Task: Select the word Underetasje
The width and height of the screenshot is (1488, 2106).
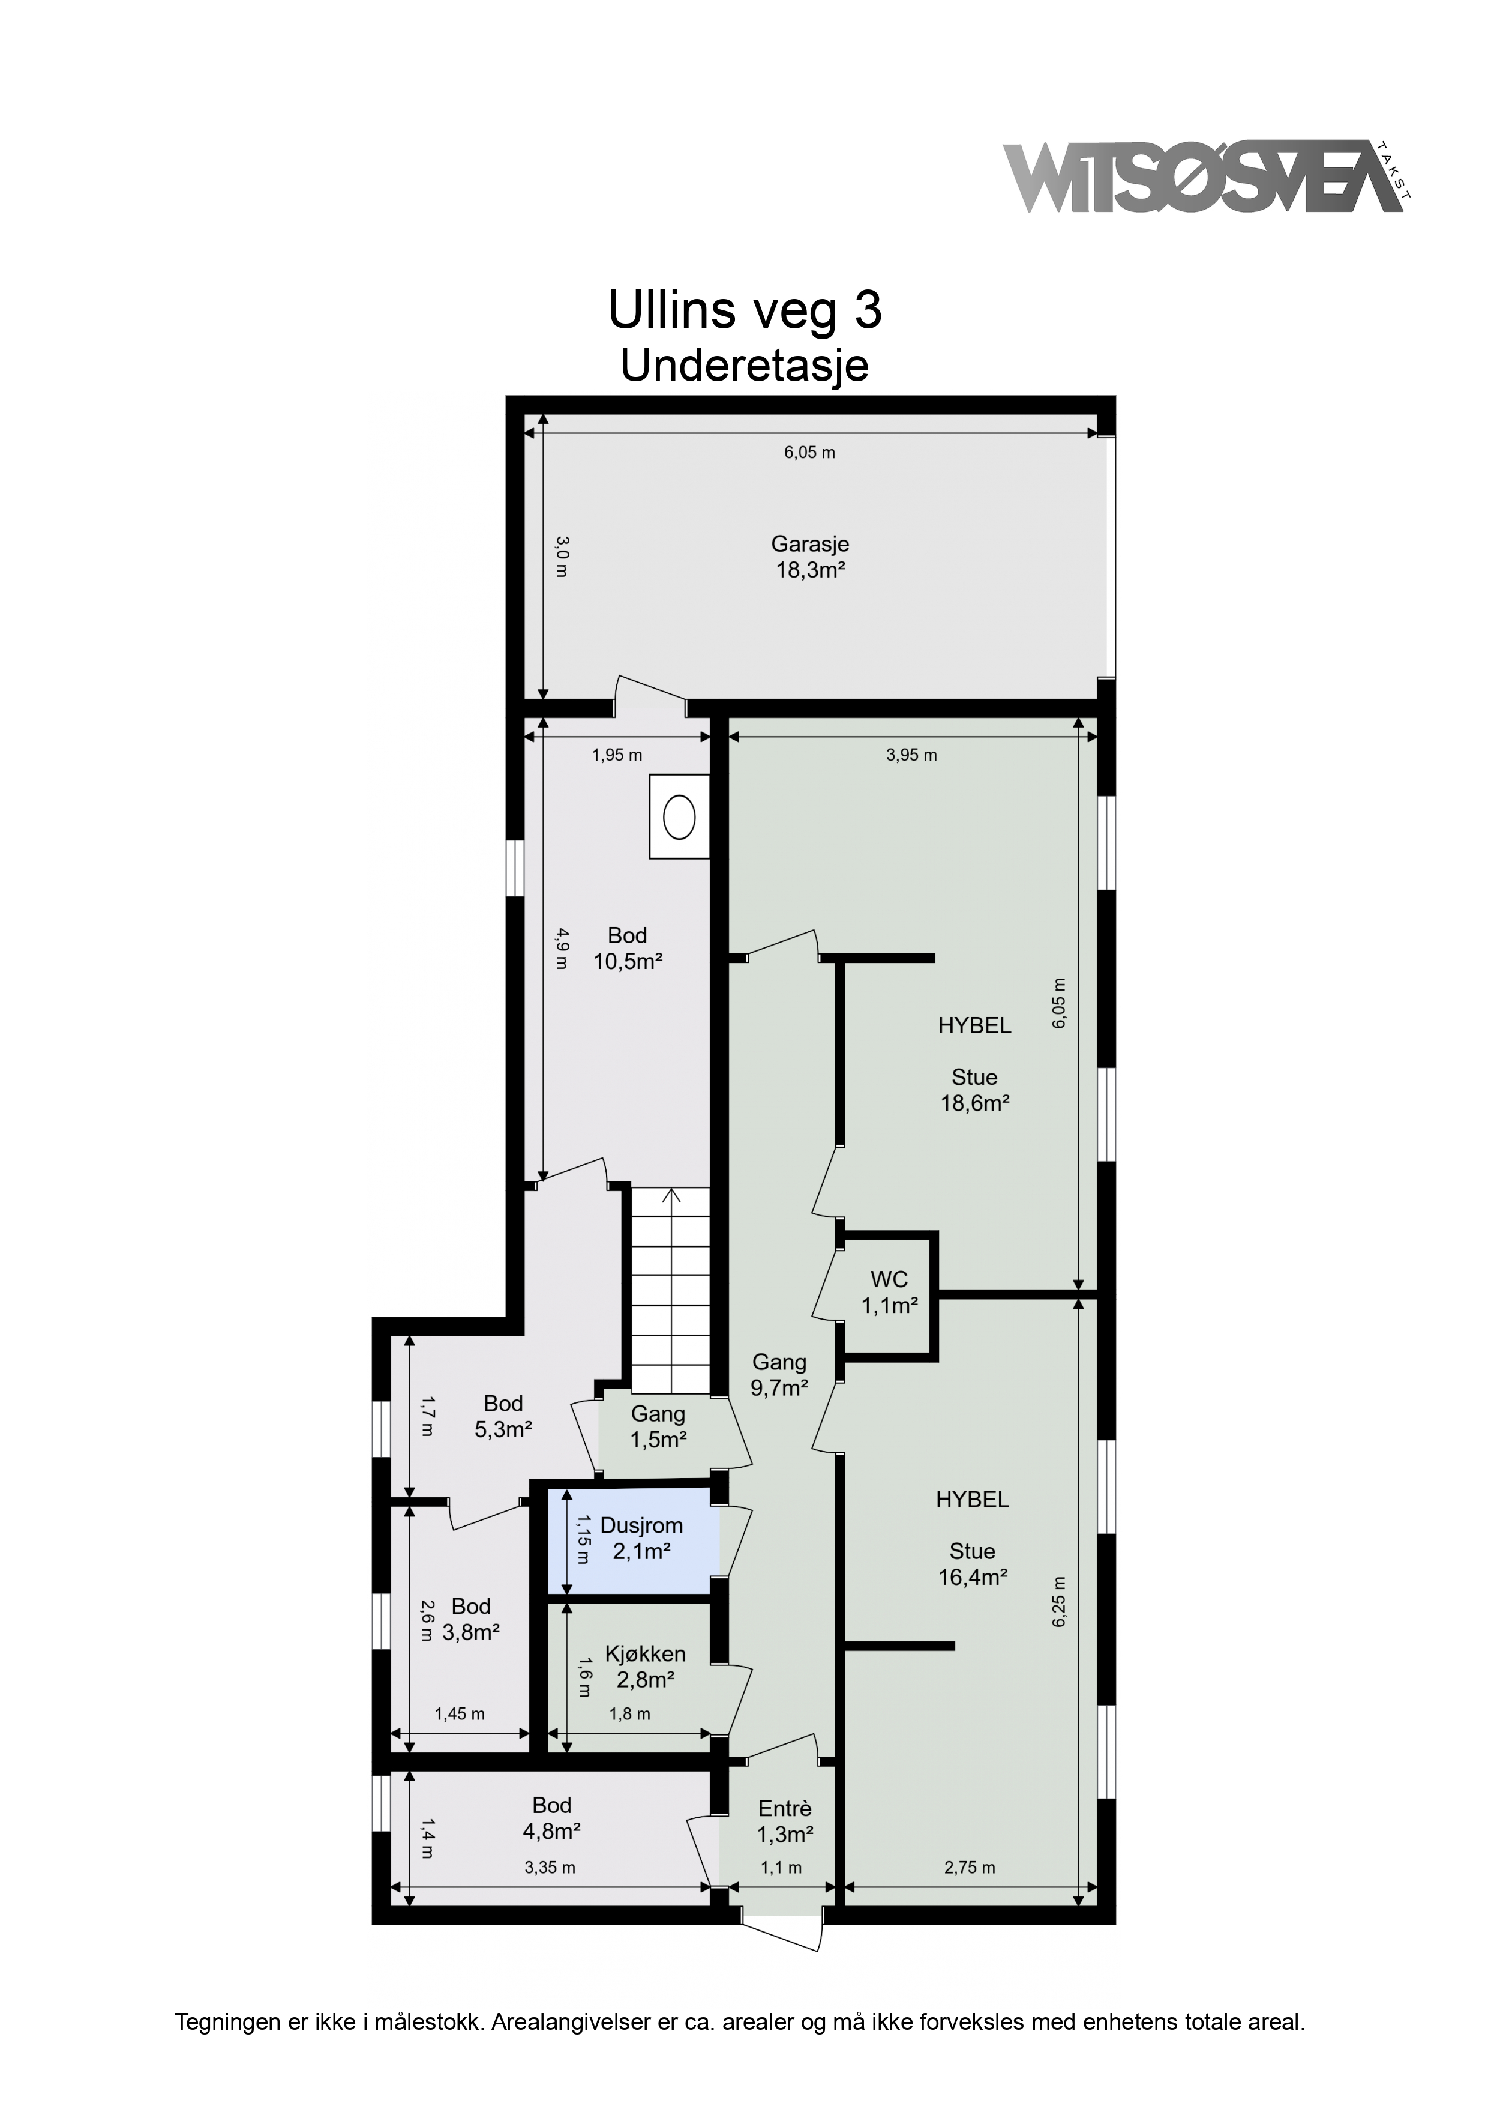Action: pos(745,367)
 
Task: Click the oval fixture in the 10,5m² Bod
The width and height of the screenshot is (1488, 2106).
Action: pos(679,817)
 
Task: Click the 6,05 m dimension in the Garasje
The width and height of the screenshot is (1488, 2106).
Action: pos(809,452)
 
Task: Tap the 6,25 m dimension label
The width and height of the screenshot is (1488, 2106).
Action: pos(1060,1602)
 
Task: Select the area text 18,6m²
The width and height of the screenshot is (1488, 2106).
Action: pos(974,1103)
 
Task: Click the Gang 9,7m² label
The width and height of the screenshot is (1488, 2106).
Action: pos(779,1375)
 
